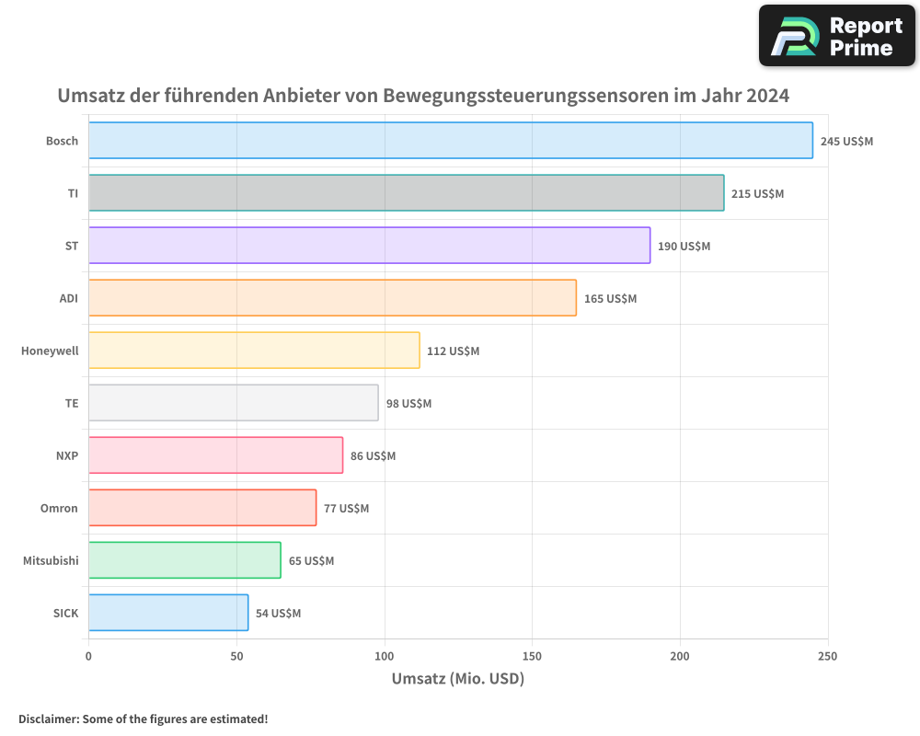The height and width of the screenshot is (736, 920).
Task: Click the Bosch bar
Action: coord(451,141)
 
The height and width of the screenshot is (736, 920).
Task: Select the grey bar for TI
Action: coord(406,193)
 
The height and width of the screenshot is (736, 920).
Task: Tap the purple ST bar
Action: coord(369,246)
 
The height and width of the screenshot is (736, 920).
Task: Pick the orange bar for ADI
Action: coord(332,298)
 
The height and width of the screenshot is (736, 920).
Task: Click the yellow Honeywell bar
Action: coord(254,351)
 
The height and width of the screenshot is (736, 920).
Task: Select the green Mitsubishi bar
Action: coord(184,560)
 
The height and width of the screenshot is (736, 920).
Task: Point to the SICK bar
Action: coord(168,613)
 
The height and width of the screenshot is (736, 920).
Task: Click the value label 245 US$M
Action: coord(846,142)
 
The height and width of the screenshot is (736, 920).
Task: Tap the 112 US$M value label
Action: coord(453,351)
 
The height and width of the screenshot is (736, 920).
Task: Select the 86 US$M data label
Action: coord(373,456)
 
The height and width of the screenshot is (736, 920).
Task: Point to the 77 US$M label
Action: coord(346,509)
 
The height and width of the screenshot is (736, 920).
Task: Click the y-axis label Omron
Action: coord(59,509)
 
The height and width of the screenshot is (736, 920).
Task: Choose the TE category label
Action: coord(72,404)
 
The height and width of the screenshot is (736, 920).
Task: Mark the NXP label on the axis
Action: coord(67,456)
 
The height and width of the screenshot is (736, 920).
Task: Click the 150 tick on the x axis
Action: coord(532,656)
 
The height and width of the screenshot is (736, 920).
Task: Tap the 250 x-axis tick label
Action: coord(827,656)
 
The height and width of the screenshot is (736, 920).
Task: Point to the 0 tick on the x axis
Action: coord(88,656)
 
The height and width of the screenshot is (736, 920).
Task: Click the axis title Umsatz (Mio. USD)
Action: coord(457,679)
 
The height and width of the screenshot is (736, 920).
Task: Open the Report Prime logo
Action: coord(836,36)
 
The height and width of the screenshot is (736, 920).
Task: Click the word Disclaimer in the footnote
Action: coord(48,719)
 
